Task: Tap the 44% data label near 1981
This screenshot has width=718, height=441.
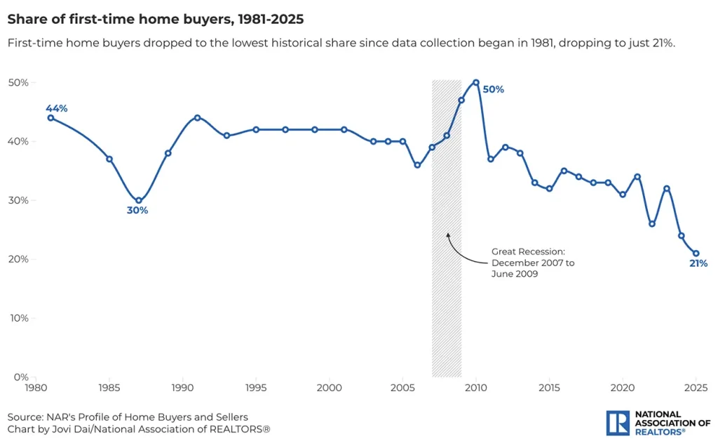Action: pyautogui.click(x=56, y=108)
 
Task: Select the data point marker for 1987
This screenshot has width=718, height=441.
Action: pyautogui.click(x=138, y=200)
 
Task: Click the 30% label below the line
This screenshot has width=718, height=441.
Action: pyautogui.click(x=137, y=211)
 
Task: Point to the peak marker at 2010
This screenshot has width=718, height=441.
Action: pyautogui.click(x=476, y=82)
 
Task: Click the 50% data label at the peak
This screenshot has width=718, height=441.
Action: pyautogui.click(x=493, y=89)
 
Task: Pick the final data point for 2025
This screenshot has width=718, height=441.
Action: pyautogui.click(x=696, y=254)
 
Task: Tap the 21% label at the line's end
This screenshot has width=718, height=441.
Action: pyautogui.click(x=698, y=264)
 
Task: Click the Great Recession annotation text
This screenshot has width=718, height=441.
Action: pyautogui.click(x=533, y=263)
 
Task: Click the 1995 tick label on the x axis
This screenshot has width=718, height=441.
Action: pyautogui.click(x=256, y=388)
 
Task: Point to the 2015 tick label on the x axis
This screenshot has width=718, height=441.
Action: pyautogui.click(x=549, y=388)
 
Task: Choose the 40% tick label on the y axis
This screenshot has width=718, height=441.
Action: pyautogui.click(x=18, y=141)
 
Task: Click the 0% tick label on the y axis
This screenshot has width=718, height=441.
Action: pyautogui.click(x=21, y=377)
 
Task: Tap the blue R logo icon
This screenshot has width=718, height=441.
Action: pyautogui.click(x=617, y=423)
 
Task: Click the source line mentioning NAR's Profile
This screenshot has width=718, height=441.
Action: pyautogui.click(x=128, y=417)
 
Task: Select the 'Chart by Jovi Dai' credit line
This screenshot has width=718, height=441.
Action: pyautogui.click(x=139, y=429)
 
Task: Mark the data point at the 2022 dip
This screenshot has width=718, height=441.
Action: pyautogui.click(x=652, y=224)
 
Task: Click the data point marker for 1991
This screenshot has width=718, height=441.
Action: pyautogui.click(x=197, y=117)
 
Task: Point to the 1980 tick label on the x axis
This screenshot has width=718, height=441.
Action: pyautogui.click(x=35, y=388)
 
